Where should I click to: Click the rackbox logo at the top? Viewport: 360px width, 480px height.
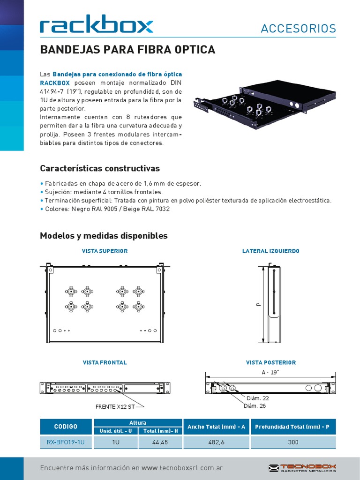tap(97, 25)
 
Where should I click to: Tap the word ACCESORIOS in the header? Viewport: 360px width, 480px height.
tap(298, 29)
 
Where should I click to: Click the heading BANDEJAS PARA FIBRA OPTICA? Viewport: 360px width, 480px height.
tap(127, 50)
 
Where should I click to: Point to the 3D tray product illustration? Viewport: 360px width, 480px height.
tap(265, 107)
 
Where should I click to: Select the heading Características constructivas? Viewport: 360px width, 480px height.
tap(100, 168)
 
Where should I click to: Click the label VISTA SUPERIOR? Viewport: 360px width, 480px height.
tap(105, 251)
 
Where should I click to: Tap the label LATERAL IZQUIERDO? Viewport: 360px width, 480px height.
tap(270, 251)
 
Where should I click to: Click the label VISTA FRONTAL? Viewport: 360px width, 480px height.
tap(105, 363)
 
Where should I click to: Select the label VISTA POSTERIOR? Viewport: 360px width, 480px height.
tap(271, 363)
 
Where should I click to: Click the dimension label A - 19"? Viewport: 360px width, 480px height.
tap(270, 372)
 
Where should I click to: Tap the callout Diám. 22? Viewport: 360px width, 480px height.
tap(257, 398)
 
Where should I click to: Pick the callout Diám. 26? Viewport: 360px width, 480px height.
tap(254, 406)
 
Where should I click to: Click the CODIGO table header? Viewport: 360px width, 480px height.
tap(66, 427)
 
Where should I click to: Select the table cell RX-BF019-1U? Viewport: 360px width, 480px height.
tap(66, 442)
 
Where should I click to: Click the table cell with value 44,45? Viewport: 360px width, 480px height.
tap(160, 442)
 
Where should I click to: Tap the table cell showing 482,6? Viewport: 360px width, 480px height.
tap(216, 442)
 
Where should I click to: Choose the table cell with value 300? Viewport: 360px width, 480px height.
tap(293, 442)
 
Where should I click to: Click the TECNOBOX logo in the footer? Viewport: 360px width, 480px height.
tap(302, 468)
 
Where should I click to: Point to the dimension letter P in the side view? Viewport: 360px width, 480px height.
tap(258, 304)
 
